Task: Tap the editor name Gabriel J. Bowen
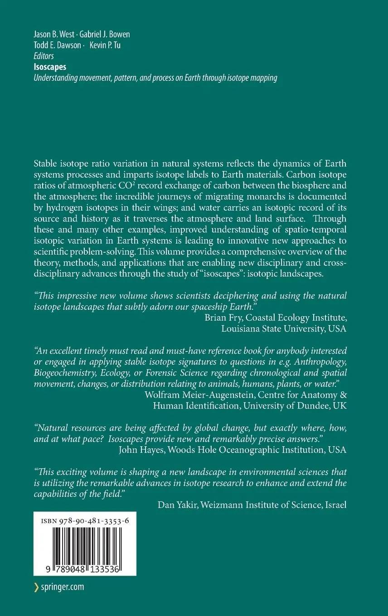tap(105, 34)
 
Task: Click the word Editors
tap(44, 56)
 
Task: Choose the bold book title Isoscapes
tap(50, 67)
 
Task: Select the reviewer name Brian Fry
tap(223, 318)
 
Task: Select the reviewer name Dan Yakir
tap(180, 505)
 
